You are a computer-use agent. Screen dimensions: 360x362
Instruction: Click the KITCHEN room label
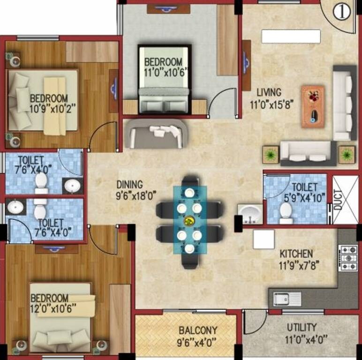coord(296,253)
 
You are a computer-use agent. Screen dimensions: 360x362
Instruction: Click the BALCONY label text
coord(197,330)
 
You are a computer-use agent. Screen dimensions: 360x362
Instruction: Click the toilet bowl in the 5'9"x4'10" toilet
coord(286,215)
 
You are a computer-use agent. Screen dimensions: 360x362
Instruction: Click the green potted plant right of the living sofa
coord(347,154)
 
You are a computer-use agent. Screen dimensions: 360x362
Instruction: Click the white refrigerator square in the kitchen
coord(263,239)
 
